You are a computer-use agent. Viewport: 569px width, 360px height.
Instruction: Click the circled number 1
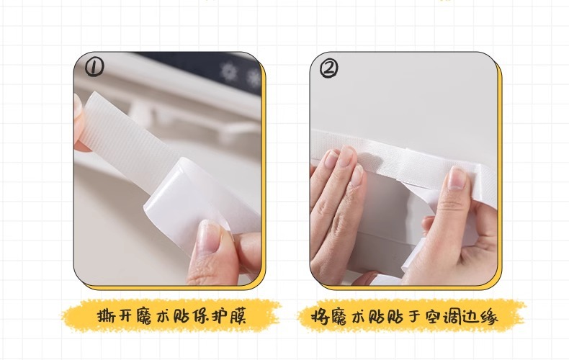click(94, 68)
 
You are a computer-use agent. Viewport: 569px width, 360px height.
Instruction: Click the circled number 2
click(328, 68)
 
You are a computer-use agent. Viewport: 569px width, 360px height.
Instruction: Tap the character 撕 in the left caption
click(107, 316)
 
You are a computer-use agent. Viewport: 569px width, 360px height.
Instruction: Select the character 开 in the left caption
click(126, 316)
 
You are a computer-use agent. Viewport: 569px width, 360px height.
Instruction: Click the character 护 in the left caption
click(220, 316)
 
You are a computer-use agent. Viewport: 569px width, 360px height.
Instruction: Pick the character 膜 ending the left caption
click(238, 316)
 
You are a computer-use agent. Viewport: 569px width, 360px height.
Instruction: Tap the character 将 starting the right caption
click(320, 317)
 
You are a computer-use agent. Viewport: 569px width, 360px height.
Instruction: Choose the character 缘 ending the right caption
click(489, 317)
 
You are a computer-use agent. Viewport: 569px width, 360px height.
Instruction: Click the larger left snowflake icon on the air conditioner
click(228, 71)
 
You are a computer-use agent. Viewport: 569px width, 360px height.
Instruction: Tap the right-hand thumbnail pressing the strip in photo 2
click(457, 179)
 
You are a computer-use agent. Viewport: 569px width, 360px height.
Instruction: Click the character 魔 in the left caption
click(145, 316)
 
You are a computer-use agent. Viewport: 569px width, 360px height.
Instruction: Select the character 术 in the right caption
click(358, 317)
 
